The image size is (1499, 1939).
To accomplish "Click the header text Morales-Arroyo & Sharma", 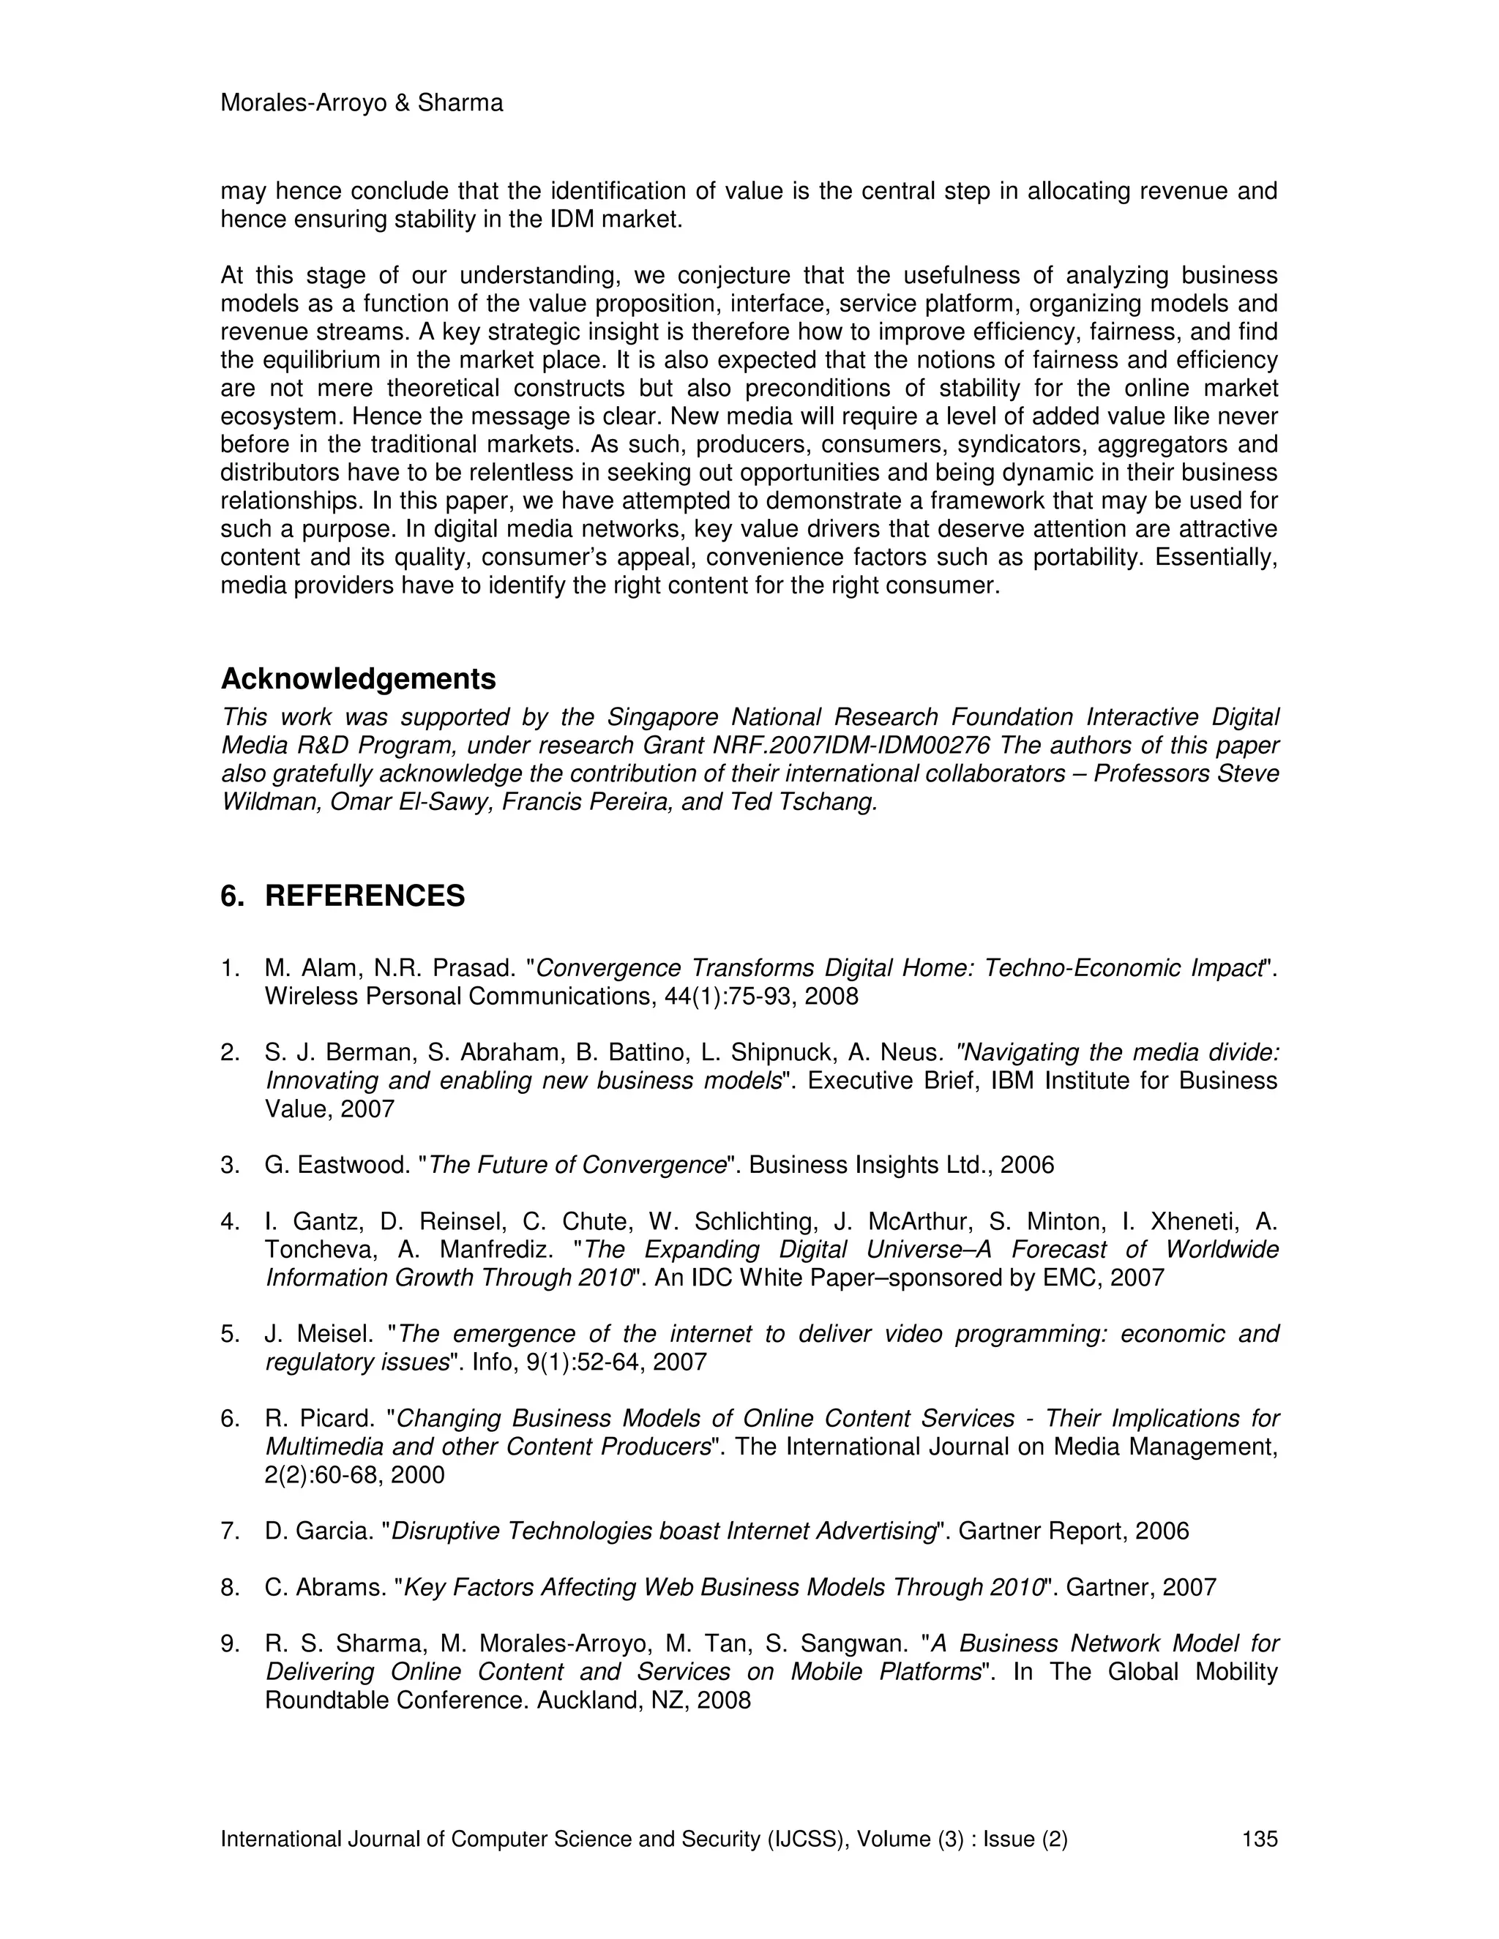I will [361, 104].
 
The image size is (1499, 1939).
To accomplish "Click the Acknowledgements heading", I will [358, 679].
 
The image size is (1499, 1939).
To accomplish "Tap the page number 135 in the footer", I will [1259, 1839].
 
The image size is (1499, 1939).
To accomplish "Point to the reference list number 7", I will [230, 1531].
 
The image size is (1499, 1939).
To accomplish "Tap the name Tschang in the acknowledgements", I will [831, 803].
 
